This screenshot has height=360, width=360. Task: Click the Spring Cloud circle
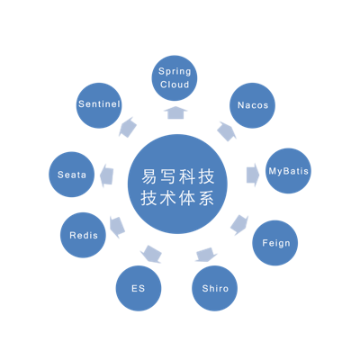coord(175,78)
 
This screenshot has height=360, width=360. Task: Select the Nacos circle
coord(252,105)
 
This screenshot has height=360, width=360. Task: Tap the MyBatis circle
coord(288,171)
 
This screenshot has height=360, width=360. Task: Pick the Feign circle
coord(275,243)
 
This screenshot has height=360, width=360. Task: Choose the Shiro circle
coord(215,288)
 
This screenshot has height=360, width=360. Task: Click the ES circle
coord(139,288)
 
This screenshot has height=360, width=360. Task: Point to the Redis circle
coord(83,235)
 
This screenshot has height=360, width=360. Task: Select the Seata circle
coord(71,175)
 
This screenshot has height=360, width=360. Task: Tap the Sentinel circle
coord(99,105)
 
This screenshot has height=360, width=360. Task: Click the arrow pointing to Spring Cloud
coord(175,112)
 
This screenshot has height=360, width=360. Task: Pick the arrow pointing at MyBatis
coord(253,175)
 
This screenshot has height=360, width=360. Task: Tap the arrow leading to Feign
coord(239,224)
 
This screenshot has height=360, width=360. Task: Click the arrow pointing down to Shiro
coord(206,255)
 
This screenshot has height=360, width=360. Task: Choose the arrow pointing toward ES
coord(151,254)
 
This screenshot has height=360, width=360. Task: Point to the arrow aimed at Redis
coord(117,227)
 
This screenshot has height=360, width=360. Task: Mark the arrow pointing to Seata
coord(106,176)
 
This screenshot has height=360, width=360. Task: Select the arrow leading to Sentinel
coord(128,127)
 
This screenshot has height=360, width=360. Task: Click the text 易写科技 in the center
coord(178,176)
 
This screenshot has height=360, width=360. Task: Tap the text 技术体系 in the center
coord(178,198)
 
